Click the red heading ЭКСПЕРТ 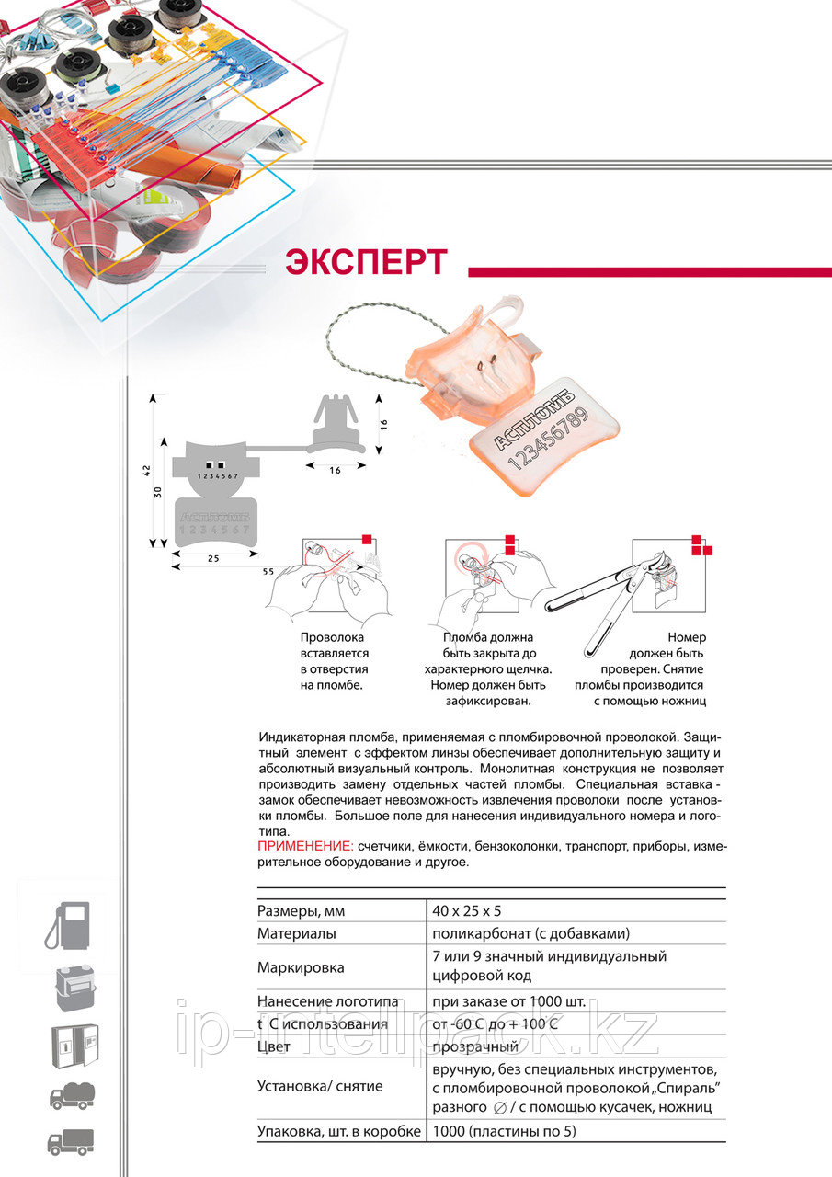pyautogui.click(x=366, y=262)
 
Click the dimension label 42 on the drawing pyautogui.click(x=146, y=470)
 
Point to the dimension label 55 pyautogui.click(x=268, y=571)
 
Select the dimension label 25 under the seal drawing pyautogui.click(x=213, y=558)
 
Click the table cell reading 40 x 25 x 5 pyautogui.click(x=467, y=911)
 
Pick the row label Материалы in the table pyautogui.click(x=296, y=933)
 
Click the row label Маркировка pyautogui.click(x=301, y=967)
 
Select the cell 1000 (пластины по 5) pyautogui.click(x=504, y=1131)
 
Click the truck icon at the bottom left pyautogui.click(x=71, y=1141)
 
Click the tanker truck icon pyautogui.click(x=72, y=1096)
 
